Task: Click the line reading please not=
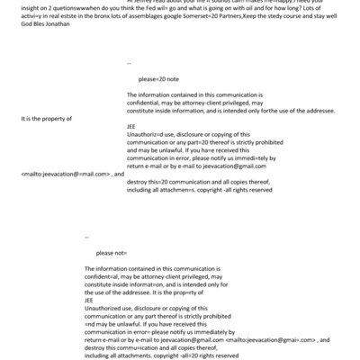pyautogui.click(x=112, y=253)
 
